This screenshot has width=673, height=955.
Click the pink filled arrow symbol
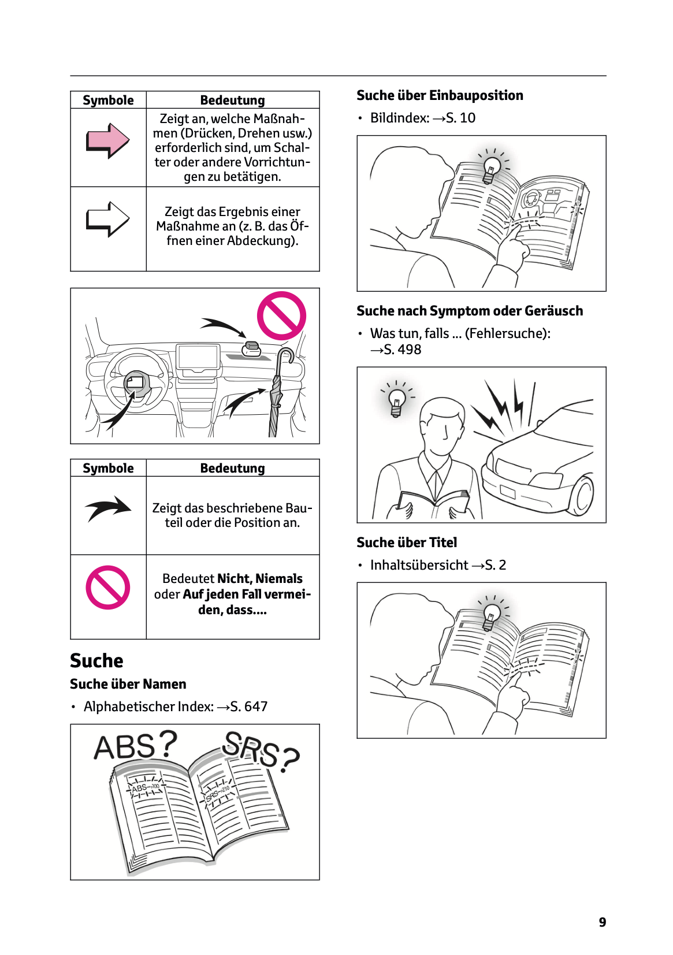pyautogui.click(x=107, y=140)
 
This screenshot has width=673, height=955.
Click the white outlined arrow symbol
pyautogui.click(x=107, y=219)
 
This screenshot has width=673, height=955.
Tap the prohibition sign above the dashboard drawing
pyautogui.click(x=281, y=315)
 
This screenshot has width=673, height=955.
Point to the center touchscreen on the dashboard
pyautogui.click(x=198, y=357)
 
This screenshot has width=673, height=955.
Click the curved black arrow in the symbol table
pyautogui.click(x=108, y=508)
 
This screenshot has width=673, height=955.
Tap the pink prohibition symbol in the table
pyautogui.click(x=108, y=587)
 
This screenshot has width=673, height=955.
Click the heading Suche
pyautogui.click(x=96, y=660)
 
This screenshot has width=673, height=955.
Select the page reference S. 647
pyautogui.click(x=249, y=707)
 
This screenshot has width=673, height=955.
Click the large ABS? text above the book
pyautogui.click(x=135, y=746)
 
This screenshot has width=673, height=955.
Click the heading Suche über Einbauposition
pyautogui.click(x=440, y=95)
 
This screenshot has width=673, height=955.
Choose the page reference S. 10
pyautogui.click(x=460, y=118)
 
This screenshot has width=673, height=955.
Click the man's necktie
pyautogui.click(x=436, y=486)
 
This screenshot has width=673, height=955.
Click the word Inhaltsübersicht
pyautogui.click(x=419, y=565)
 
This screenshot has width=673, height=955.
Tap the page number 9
pyautogui.click(x=603, y=922)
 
